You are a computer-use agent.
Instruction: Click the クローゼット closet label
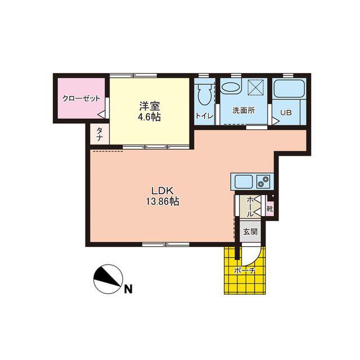click(x=82, y=99)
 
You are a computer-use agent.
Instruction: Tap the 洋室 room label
click(x=150, y=106)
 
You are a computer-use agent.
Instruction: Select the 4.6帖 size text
click(x=150, y=117)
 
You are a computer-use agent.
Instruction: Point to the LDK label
click(x=161, y=191)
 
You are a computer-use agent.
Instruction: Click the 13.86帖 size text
click(x=163, y=201)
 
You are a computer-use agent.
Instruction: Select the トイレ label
click(x=204, y=115)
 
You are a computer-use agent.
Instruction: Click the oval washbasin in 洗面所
click(x=231, y=87)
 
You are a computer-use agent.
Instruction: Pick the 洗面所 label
click(x=244, y=110)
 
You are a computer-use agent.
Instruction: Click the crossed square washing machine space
click(x=256, y=87)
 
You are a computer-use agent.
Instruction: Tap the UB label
click(x=286, y=112)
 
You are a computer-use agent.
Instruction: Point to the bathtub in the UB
click(x=289, y=89)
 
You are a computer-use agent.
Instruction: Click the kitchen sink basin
click(x=244, y=181)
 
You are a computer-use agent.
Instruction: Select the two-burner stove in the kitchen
click(x=263, y=181)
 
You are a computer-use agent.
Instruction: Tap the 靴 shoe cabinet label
click(x=269, y=209)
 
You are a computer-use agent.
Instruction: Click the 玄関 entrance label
click(x=250, y=232)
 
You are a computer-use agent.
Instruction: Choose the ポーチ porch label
click(x=245, y=271)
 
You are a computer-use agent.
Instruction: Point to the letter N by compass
click(x=128, y=289)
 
